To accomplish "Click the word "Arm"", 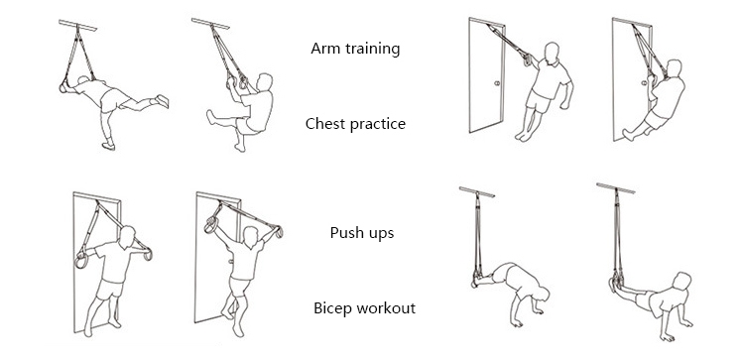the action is [x=322, y=49].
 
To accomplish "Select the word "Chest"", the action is [x=322, y=124].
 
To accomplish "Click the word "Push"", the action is [x=344, y=233].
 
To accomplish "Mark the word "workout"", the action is [x=387, y=308].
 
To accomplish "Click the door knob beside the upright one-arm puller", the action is [x=497, y=83].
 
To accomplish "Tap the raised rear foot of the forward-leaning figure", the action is [x=163, y=100].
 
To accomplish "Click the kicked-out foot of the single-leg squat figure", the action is [x=210, y=117].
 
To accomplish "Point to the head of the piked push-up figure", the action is [x=542, y=294].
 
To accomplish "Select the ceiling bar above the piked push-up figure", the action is [x=477, y=191].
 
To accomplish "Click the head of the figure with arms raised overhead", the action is [x=250, y=236].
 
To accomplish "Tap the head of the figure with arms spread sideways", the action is [x=127, y=237].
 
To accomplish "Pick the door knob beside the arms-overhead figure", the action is [x=230, y=262].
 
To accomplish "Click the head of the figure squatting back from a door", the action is [x=674, y=68].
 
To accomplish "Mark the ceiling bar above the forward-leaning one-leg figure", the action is [x=77, y=25].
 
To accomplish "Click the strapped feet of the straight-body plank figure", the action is [x=615, y=283].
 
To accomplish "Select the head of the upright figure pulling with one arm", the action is [x=552, y=54].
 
